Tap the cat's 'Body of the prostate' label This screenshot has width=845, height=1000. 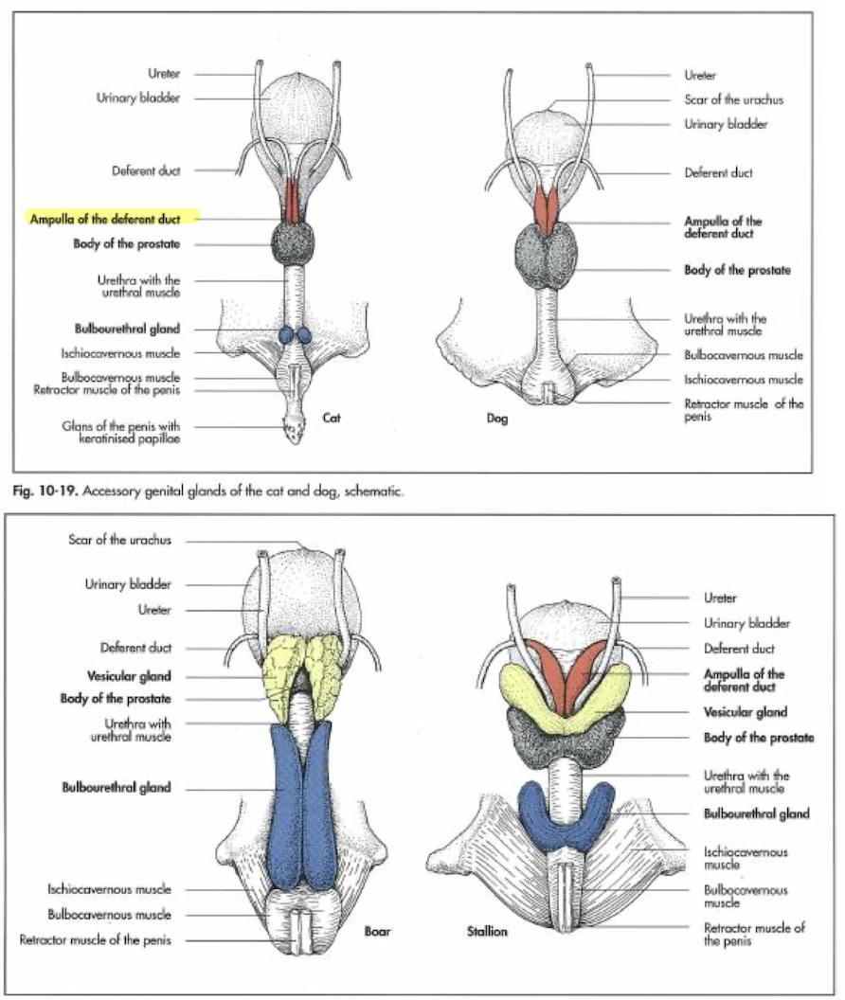tap(126, 244)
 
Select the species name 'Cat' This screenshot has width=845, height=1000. tap(332, 416)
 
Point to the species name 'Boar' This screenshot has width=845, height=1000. tap(377, 932)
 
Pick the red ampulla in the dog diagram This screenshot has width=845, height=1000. tap(546, 210)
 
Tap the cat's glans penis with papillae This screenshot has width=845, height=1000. tap(295, 430)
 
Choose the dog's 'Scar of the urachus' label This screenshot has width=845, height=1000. tap(733, 99)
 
